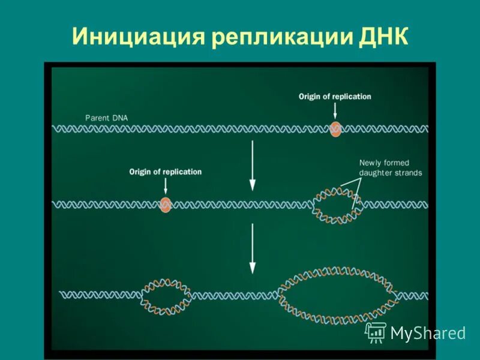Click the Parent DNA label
pyautogui.click(x=106, y=118)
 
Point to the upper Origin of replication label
pyautogui.click(x=335, y=97)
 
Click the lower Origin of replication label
pyautogui.click(x=166, y=172)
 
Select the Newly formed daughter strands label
pyautogui.click(x=391, y=168)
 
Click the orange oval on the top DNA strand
pyautogui.click(x=335, y=128)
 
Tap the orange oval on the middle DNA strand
pyautogui.click(x=166, y=205)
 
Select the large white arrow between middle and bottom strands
pyautogui.click(x=253, y=249)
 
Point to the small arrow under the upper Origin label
pyautogui.click(x=335, y=110)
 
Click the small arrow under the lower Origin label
pyautogui.click(x=166, y=187)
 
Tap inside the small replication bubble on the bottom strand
pyautogui.click(x=166, y=295)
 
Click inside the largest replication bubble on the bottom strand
pyautogui.click(x=339, y=295)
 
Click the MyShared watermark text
pyautogui.click(x=428, y=333)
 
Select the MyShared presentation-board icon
pyautogui.click(x=376, y=332)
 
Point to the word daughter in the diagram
pyautogui.click(x=377, y=173)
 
